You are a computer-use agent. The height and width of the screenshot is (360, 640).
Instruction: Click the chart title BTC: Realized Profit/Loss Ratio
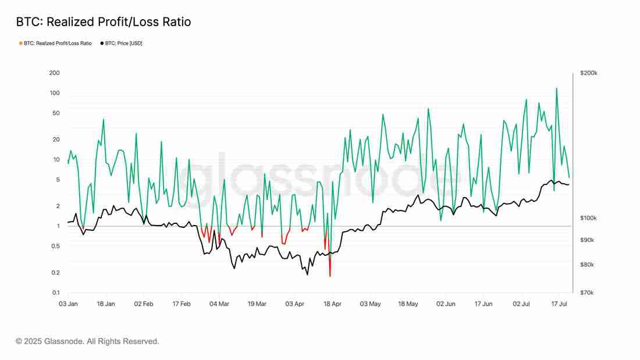tap(103, 22)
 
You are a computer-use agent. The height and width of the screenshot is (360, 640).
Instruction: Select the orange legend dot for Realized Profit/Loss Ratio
tap(21, 43)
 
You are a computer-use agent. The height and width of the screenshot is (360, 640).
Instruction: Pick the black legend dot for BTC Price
tap(102, 43)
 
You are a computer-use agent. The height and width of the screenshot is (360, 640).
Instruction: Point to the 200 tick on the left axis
tap(55, 73)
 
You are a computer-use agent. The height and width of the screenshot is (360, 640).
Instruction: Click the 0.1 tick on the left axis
tap(55, 293)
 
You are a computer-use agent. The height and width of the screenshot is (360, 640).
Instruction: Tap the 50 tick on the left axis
tap(56, 113)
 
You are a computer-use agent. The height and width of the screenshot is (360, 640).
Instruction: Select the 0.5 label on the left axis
tap(55, 246)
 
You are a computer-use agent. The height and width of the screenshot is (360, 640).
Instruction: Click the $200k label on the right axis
tap(589, 73)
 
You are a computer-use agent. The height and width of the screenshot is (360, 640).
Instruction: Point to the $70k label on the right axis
tap(588, 293)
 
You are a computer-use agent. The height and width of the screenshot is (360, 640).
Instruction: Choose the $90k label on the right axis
tap(588, 240)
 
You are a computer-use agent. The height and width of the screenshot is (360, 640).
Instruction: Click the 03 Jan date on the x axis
tap(68, 304)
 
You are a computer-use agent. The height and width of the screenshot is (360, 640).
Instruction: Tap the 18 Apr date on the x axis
tap(332, 304)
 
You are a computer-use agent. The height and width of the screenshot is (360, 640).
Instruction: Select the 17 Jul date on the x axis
tap(559, 304)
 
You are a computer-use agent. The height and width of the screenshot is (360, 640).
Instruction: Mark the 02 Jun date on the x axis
tap(446, 304)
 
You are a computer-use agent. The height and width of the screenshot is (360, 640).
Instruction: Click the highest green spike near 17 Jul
tap(557, 88)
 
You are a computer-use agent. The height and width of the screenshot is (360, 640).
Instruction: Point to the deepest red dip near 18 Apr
tap(330, 276)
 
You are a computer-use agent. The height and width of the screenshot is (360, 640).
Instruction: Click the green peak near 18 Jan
tap(104, 120)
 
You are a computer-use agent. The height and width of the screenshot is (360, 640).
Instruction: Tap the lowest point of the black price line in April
tap(307, 274)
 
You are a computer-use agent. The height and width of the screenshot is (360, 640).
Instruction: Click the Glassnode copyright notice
tap(87, 341)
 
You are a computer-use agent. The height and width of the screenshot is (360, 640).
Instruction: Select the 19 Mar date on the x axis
tap(257, 304)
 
